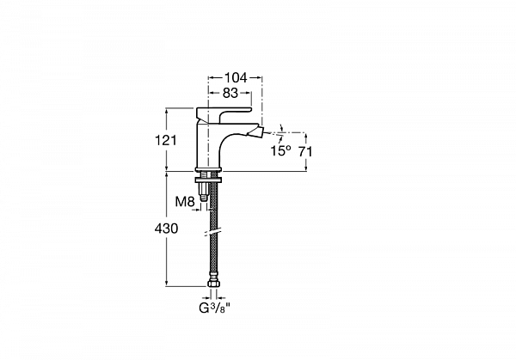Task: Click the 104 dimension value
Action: coord(236,77)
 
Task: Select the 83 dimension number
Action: coord(230,93)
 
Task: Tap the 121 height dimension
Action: coord(166,140)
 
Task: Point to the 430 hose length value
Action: coord(166,229)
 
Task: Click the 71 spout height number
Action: coord(305,151)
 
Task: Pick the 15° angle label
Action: coord(280,151)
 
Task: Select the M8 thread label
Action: coord(185,202)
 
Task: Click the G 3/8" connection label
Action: coord(214,308)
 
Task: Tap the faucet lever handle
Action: coord(224,113)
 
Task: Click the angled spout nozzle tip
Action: coord(259,131)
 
